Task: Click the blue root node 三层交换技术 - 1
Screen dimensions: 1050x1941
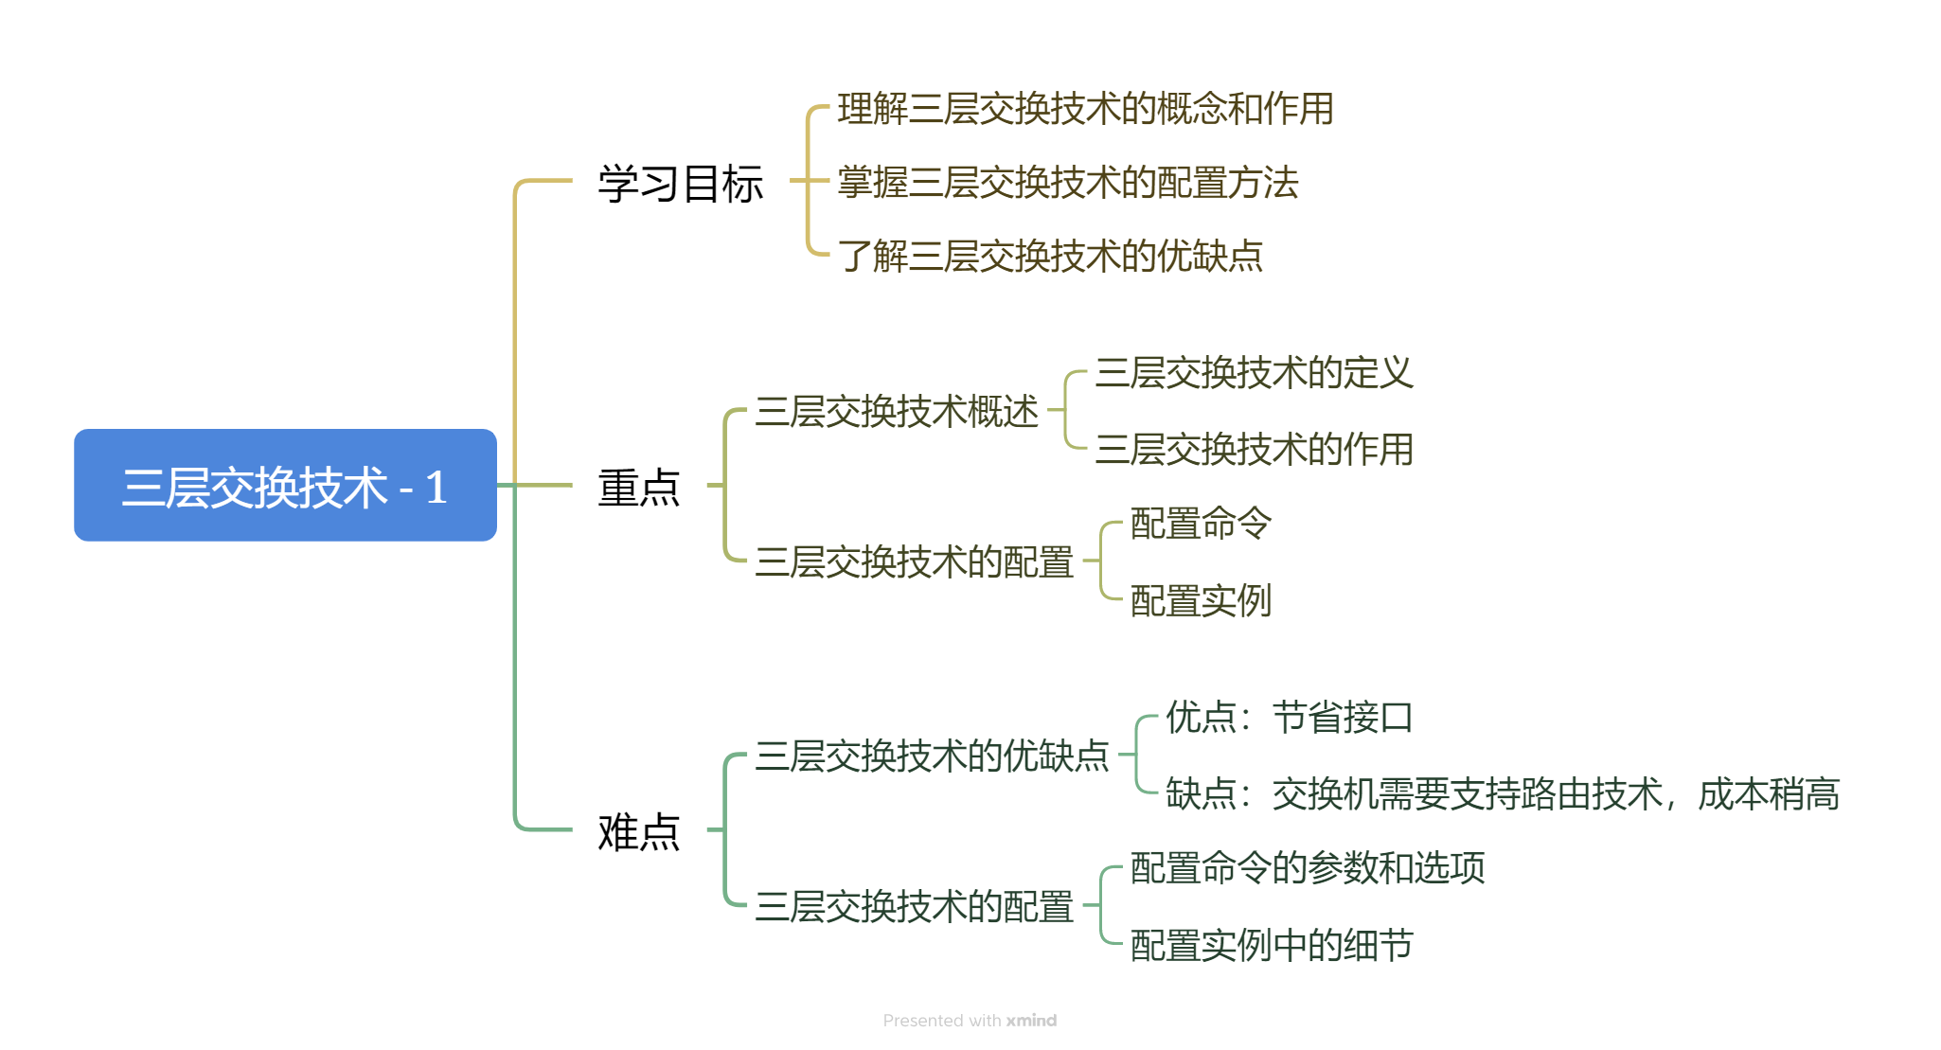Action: coord(285,486)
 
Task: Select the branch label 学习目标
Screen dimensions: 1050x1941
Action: coord(680,183)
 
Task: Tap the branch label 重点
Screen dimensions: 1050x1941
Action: coord(639,487)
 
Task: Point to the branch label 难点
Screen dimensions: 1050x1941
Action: coord(639,831)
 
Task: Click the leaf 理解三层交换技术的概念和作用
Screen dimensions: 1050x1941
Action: coord(1085,109)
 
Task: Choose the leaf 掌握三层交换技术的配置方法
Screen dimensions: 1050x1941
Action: coord(1067,183)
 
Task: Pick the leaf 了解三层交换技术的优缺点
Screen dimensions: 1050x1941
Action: coord(1050,256)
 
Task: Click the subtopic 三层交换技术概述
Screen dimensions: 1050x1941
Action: coord(897,412)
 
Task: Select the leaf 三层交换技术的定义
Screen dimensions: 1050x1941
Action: coord(1254,373)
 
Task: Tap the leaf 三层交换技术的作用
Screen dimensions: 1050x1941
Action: coord(1254,449)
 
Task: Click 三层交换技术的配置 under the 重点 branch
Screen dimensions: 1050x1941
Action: coord(914,562)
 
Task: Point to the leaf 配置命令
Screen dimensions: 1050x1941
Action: coord(1201,524)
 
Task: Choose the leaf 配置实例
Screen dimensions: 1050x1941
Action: coord(1201,600)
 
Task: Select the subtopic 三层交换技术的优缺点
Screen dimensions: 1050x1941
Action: coord(932,756)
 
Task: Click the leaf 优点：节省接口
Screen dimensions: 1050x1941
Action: coord(1289,718)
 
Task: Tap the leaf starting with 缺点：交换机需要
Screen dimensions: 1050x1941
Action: coord(1502,793)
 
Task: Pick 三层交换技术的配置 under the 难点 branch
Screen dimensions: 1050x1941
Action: coord(914,907)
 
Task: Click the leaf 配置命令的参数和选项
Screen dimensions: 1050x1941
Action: coord(1307,868)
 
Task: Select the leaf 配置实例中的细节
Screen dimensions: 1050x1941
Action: coord(1272,945)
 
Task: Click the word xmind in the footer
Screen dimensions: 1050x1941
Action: coord(1031,1021)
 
